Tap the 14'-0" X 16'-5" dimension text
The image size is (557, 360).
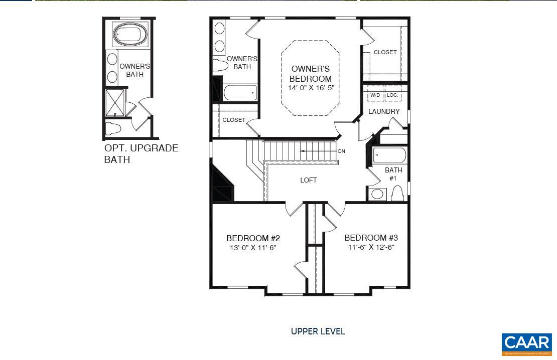coord(311,88)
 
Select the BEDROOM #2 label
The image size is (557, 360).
coord(253,238)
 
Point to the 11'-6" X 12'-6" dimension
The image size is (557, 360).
coord(371,247)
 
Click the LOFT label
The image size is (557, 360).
coord(309,180)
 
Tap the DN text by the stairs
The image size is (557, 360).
coord(341,151)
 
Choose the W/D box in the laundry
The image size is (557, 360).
coord(375,95)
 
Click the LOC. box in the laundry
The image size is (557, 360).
coord(392,95)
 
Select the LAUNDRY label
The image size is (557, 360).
coord(384,111)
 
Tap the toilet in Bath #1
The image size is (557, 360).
coord(397,193)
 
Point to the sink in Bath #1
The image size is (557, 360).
coord(377,194)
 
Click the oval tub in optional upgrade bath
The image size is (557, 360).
coord(130,35)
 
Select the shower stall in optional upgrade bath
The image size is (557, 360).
coord(115,103)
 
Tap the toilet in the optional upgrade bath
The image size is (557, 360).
coord(114,128)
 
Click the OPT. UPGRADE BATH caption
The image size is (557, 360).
coord(141,154)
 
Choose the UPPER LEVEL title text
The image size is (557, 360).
coord(318,331)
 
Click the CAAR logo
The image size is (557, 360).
coord(526,343)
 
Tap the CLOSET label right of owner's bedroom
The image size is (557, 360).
coord(385,52)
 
